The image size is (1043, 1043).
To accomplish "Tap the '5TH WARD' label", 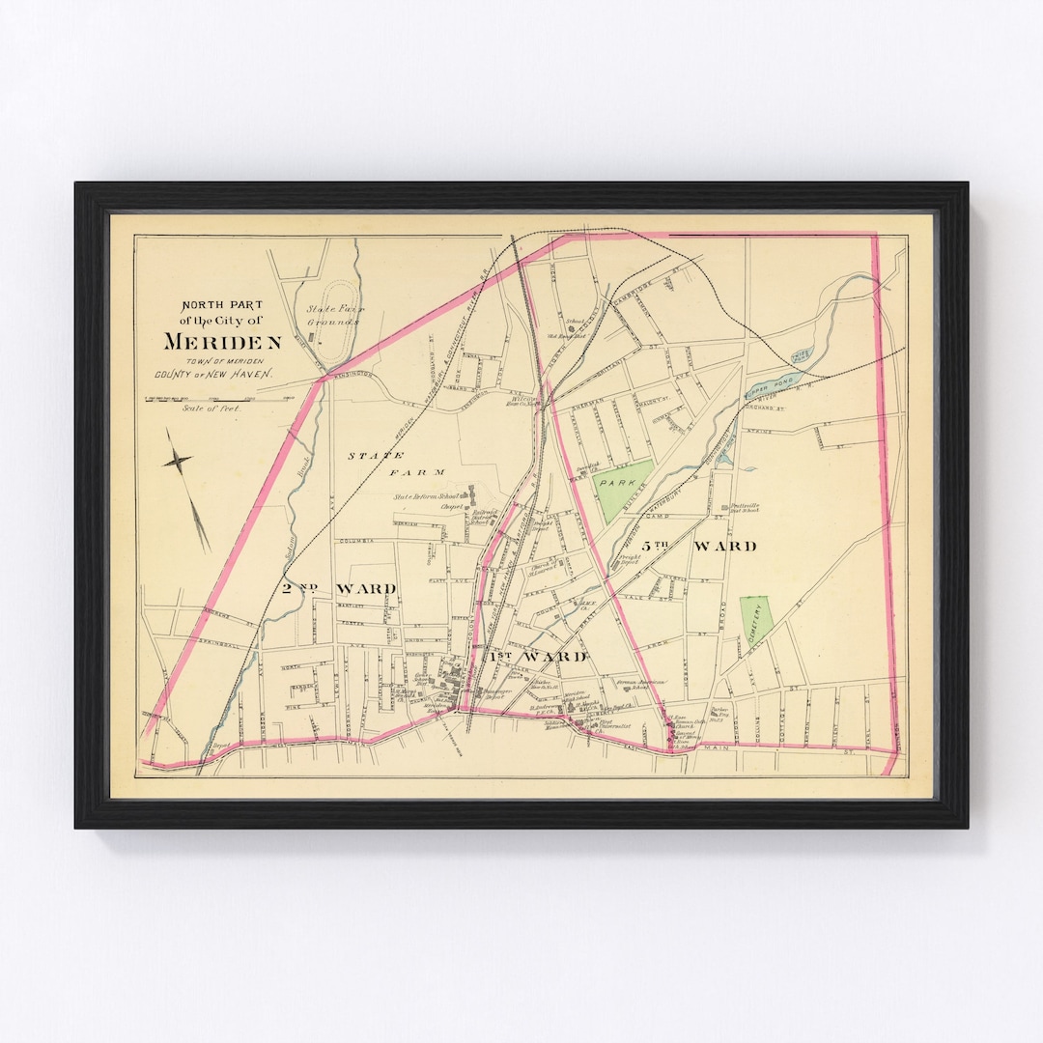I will (x=723, y=547).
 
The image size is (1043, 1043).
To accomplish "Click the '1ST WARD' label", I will (x=537, y=657).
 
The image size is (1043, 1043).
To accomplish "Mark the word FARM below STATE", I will (x=416, y=472).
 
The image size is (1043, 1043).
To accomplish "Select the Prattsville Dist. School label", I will (x=749, y=507).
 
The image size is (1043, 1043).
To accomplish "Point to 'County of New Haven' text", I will (x=212, y=374).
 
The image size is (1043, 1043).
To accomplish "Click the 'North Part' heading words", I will (x=221, y=305).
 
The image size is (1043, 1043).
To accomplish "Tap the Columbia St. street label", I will (x=359, y=543).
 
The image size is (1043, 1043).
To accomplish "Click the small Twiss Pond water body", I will (x=803, y=354).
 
